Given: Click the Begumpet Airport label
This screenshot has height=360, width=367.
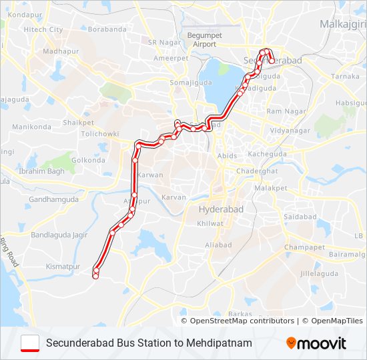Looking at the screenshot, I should pos(201,39).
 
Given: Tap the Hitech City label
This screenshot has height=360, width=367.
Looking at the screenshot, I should pos(43,30).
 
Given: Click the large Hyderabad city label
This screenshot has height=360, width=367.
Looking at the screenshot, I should pos(222,209).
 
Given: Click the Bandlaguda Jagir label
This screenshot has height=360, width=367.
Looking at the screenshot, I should pos(59,235).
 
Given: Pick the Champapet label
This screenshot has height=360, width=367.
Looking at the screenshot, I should pos(304,247).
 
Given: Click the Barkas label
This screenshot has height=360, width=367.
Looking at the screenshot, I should pos(240,313).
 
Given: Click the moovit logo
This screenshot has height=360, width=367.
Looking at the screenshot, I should pos(316,343).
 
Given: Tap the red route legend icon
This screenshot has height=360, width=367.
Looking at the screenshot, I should pos(30,343).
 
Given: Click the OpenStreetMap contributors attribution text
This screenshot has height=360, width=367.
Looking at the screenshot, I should pos(242,321).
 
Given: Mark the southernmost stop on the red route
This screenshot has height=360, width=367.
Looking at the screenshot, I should pos(96,275).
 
